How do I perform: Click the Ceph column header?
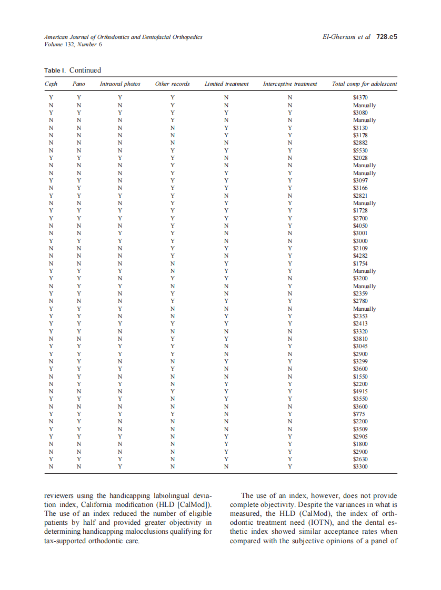pyautogui.click(x=51, y=84)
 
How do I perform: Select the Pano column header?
pyautogui.click(x=79, y=84)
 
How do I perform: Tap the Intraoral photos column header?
pyautogui.click(x=120, y=84)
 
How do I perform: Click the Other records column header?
pyautogui.click(x=172, y=84)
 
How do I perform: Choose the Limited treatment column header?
pyautogui.click(x=226, y=84)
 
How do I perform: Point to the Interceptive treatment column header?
pyautogui.click(x=290, y=84)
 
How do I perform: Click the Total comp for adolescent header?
pyautogui.click(x=364, y=84)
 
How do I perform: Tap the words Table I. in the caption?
pyautogui.click(x=55, y=70)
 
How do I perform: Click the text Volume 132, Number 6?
pyautogui.click(x=73, y=45)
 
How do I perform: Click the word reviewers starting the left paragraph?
pyautogui.click(x=61, y=496)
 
